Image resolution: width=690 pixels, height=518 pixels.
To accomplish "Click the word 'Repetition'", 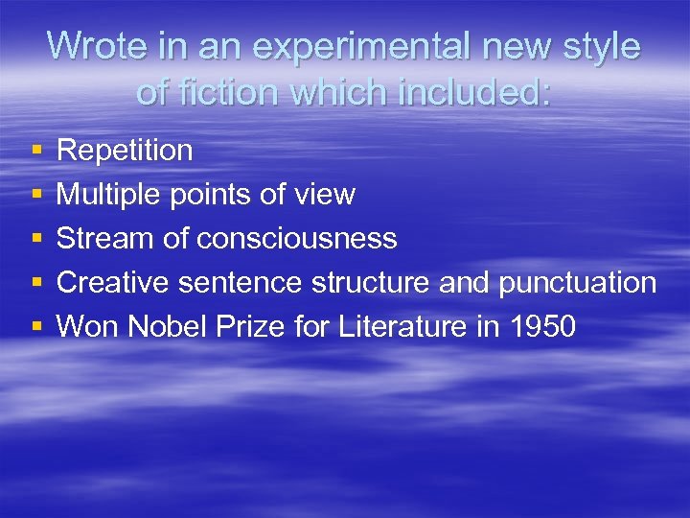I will (125, 151).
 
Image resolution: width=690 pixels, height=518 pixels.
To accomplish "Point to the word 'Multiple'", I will (109, 195).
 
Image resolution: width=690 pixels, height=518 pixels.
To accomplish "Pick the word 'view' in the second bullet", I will (328, 195).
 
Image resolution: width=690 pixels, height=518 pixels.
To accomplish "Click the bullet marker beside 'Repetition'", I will (35, 152).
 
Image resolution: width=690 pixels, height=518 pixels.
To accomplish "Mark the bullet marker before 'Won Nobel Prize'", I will (35, 328).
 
